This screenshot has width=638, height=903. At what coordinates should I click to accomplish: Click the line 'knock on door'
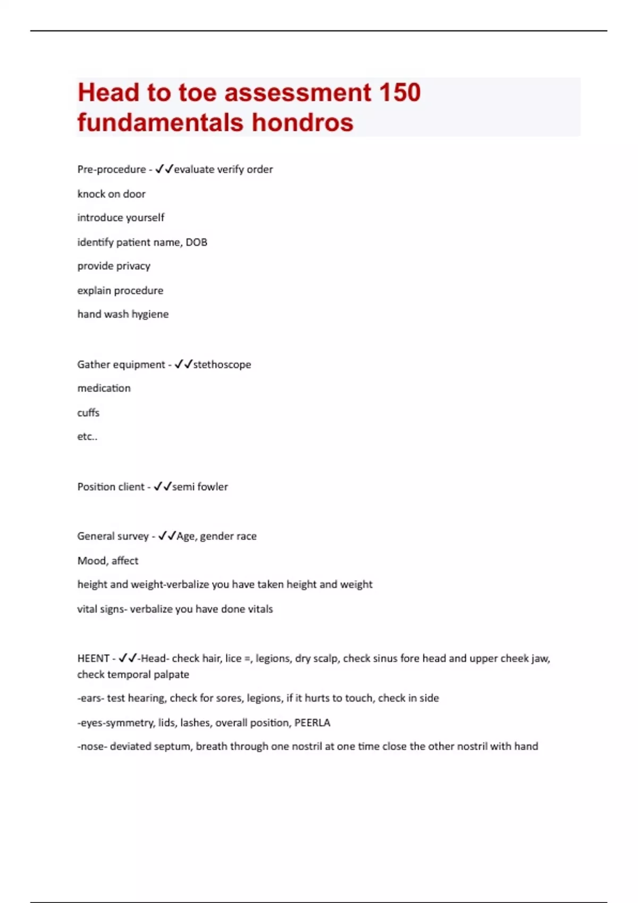[x=111, y=194]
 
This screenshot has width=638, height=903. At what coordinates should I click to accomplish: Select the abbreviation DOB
[x=196, y=242]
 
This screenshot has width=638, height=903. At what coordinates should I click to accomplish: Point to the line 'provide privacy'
[x=114, y=266]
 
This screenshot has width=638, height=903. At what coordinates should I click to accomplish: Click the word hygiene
[x=150, y=314]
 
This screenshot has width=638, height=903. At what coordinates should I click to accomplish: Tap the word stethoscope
[x=222, y=364]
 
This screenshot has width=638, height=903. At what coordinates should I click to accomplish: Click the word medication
[x=104, y=388]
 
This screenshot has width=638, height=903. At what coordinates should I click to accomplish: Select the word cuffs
[x=88, y=413]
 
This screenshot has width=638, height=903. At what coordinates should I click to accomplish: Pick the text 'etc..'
[x=87, y=437]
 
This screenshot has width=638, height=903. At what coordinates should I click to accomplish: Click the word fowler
[x=213, y=487]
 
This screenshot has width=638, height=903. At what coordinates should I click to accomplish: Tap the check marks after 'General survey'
[x=167, y=536]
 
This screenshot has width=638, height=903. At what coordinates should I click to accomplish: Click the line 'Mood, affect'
[x=107, y=560]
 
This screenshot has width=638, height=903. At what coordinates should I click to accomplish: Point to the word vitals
[x=260, y=609]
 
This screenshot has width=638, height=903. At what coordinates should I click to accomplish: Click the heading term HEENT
[x=93, y=659]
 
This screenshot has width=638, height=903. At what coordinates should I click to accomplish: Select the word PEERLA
[x=312, y=722]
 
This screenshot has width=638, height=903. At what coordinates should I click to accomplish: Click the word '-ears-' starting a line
[x=90, y=698]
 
